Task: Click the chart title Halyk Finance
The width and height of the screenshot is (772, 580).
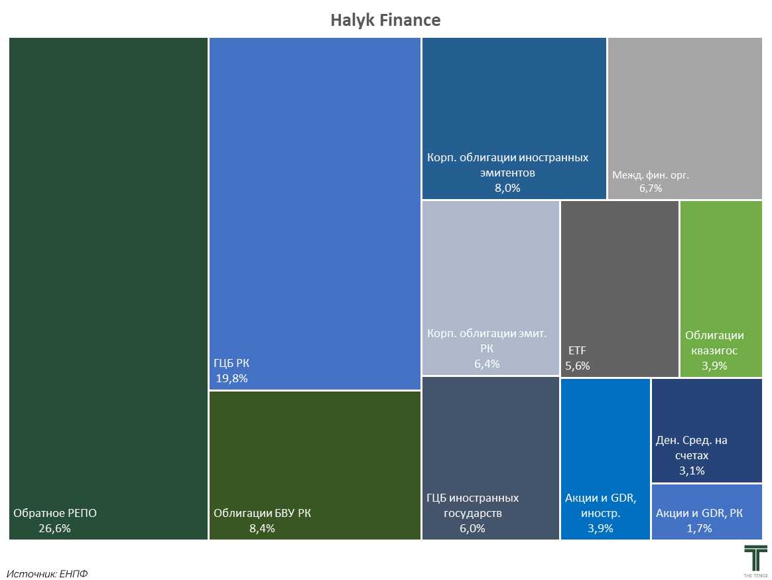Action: coord(385,21)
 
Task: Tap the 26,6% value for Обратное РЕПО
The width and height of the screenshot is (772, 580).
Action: coord(54,528)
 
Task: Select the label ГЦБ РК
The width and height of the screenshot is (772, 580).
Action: coord(231,363)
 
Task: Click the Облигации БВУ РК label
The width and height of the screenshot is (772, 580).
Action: coord(262,513)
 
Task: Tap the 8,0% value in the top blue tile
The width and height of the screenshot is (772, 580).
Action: coord(507,188)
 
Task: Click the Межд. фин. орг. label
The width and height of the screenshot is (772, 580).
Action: coord(651,176)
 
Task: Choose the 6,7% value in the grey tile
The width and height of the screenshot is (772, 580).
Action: coord(651,188)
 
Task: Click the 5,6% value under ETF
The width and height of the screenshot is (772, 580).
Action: coord(578,366)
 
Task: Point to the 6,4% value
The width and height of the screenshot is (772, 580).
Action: coord(487,364)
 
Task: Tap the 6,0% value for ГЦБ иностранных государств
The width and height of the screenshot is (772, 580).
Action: coord(472,528)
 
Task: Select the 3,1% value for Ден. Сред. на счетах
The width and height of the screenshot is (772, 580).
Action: coord(692,471)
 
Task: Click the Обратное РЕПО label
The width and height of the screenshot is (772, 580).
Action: coord(55,513)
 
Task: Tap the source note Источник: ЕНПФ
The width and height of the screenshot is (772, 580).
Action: coord(47,573)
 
